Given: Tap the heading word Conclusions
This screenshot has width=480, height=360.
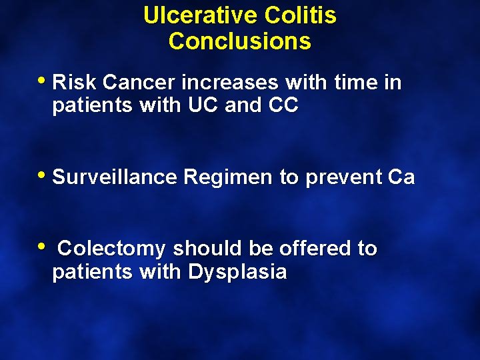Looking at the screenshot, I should [x=240, y=41].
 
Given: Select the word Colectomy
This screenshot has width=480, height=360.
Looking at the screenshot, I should [x=111, y=249].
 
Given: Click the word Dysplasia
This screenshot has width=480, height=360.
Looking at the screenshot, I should [x=237, y=273].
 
